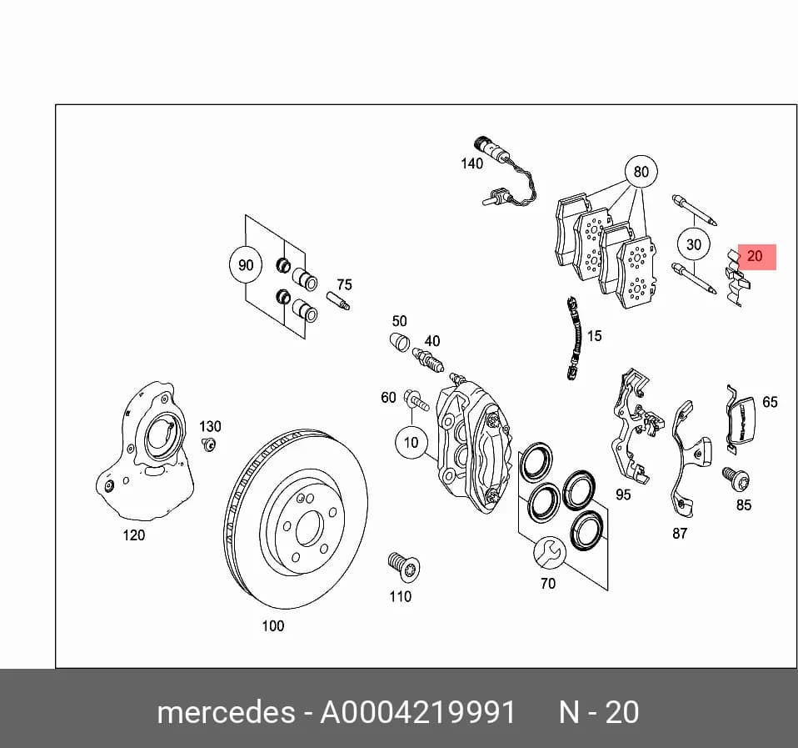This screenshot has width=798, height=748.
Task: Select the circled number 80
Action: pyautogui.click(x=641, y=172)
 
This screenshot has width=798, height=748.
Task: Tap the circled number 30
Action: pyautogui.click(x=694, y=244)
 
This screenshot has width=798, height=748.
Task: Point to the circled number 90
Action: pyautogui.click(x=246, y=265)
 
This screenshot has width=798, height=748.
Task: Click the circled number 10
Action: pyautogui.click(x=411, y=442)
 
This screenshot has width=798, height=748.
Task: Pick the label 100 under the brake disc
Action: pyautogui.click(x=272, y=625)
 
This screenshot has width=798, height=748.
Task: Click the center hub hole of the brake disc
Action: pyautogui.click(x=309, y=528)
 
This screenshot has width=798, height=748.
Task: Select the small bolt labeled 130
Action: pyautogui.click(x=208, y=444)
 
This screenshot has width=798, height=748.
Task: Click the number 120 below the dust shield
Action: pyautogui.click(x=134, y=535)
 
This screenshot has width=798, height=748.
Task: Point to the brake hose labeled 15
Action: pyautogui.click(x=574, y=337)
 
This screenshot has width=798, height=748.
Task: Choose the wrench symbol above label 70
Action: pyautogui.click(x=550, y=552)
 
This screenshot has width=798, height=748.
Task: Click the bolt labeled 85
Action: pyautogui.click(x=736, y=479)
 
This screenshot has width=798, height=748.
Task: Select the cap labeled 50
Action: pyautogui.click(x=400, y=341)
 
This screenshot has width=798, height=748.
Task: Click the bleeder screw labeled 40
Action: pyautogui.click(x=427, y=359)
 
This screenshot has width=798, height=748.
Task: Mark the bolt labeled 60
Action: pyautogui.click(x=416, y=400)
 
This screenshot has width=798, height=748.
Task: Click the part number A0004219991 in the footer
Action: pyautogui.click(x=418, y=712)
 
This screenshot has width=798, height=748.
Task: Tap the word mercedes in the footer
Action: pyautogui.click(x=226, y=712)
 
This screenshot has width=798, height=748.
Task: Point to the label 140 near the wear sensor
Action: pyautogui.click(x=471, y=163)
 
